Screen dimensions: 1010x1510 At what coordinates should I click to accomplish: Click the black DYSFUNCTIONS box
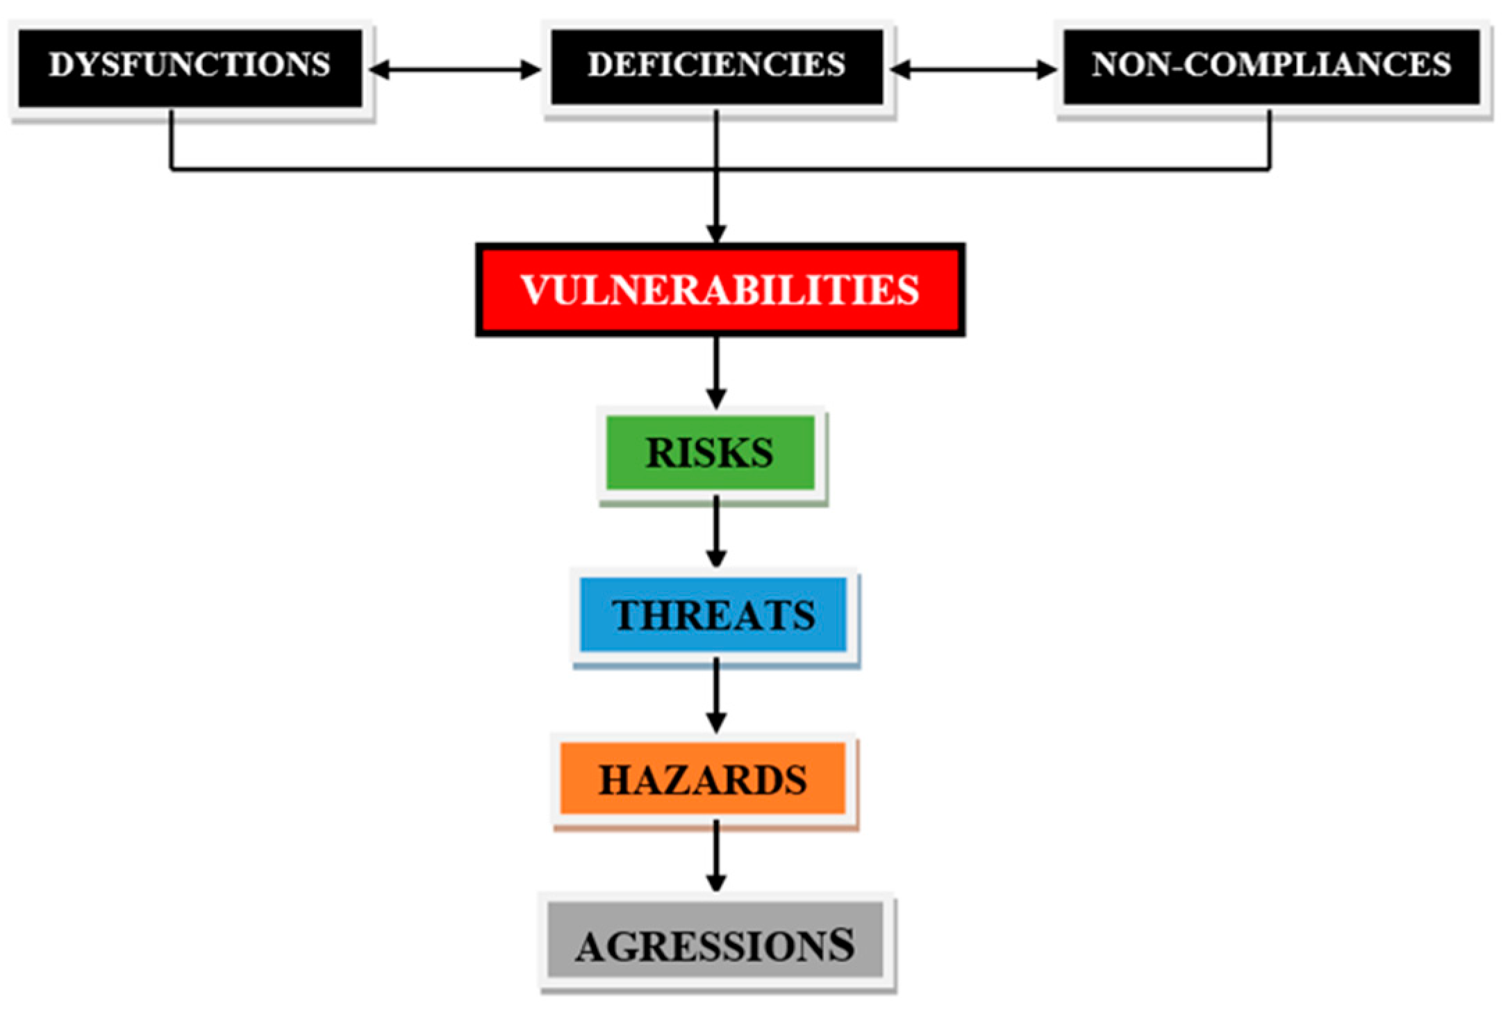coord(190,67)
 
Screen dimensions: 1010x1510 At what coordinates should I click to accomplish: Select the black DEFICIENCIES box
coord(716,67)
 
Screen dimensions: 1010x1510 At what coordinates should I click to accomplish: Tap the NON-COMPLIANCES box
coord(1271,67)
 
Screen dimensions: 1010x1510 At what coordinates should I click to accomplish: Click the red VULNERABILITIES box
coord(720,290)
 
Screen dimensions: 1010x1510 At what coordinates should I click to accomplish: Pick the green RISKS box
coord(710,453)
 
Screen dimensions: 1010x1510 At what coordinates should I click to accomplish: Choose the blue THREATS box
coord(713,615)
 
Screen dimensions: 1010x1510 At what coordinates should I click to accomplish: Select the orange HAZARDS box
coord(702,779)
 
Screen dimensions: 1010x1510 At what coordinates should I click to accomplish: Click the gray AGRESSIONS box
coord(715,945)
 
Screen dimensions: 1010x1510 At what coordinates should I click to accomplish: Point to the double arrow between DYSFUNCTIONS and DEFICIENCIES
coord(455,69)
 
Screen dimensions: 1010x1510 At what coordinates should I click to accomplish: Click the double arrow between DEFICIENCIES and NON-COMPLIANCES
coord(973,69)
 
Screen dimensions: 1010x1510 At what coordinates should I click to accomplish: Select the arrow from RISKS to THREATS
coord(716,532)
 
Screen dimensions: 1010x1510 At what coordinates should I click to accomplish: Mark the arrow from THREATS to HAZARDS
coord(716,695)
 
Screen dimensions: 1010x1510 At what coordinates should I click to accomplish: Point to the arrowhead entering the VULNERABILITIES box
coord(716,233)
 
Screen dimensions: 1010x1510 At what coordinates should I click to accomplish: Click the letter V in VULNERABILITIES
coord(536,290)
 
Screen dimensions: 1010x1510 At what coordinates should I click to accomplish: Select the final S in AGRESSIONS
coord(841,944)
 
